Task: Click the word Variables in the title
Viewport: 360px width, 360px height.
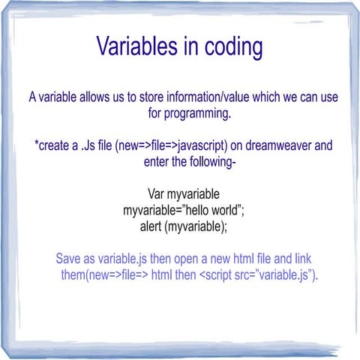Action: tap(142, 46)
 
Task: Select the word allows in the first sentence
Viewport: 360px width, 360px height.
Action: tap(102, 97)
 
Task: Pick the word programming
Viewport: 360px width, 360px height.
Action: tap(197, 114)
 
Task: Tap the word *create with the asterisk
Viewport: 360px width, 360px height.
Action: tap(52, 145)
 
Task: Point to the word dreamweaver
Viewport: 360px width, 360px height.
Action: tap(286, 145)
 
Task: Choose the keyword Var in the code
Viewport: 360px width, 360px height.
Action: tap(157, 195)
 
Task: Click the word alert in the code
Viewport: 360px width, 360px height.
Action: tap(154, 226)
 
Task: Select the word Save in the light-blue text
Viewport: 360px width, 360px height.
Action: tap(70, 259)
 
